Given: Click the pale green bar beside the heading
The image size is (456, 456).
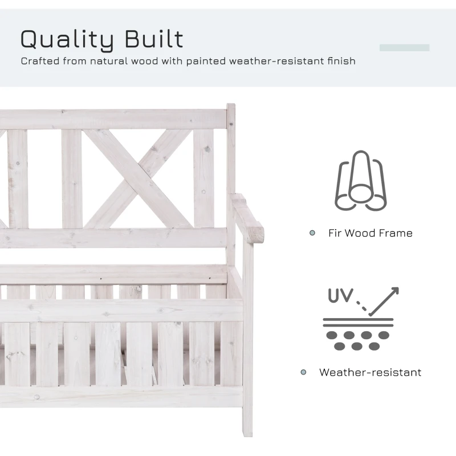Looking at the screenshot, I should pyautogui.click(x=404, y=48).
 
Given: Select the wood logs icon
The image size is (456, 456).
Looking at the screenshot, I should pyautogui.click(x=360, y=181).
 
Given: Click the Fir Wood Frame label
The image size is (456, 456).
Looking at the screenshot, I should pyautogui.click(x=370, y=233).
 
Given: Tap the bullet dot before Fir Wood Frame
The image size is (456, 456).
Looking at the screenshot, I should pyautogui.click(x=312, y=233).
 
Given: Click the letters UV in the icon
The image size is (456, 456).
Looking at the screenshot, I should pyautogui.click(x=340, y=295).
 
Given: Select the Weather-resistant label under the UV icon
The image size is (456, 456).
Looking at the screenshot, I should pyautogui.click(x=370, y=372).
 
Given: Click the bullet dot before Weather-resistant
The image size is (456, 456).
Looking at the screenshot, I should pyautogui.click(x=304, y=372).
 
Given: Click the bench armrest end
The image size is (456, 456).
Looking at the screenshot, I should pyautogui.click(x=255, y=233).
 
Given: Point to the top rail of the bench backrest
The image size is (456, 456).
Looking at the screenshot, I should pyautogui.click(x=114, y=119).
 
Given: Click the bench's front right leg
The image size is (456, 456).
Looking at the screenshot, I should pyautogui.click(x=247, y=342).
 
